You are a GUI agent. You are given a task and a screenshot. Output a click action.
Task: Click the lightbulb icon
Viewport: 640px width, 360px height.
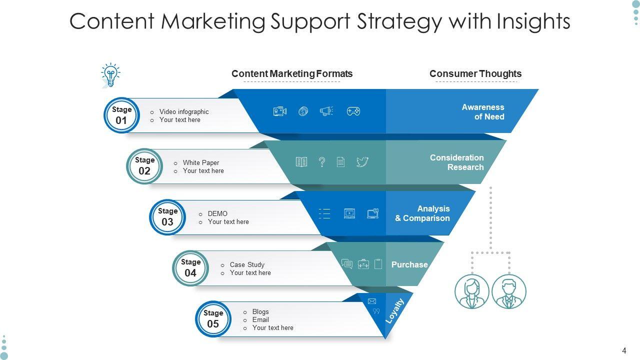(x=110, y=75)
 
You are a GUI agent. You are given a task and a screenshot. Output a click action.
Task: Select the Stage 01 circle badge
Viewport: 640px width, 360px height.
(x=121, y=115)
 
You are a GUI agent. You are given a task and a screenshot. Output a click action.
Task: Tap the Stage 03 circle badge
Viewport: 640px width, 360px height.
(x=167, y=217)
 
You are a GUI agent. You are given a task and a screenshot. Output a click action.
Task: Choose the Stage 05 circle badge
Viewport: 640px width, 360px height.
(x=213, y=319)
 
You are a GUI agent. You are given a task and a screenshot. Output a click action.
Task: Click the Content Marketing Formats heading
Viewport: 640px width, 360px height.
(x=292, y=74)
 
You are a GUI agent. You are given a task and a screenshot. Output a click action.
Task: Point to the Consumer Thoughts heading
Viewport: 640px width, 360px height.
(x=475, y=74)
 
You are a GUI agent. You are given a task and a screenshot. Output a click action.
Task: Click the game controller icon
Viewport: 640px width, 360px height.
(x=353, y=111)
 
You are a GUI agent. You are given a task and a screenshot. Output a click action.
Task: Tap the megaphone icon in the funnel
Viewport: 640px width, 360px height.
(x=326, y=111)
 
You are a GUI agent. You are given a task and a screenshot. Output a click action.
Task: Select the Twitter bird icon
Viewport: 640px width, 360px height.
(x=362, y=162)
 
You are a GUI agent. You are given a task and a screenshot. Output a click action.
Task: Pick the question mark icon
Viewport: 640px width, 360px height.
(x=322, y=162)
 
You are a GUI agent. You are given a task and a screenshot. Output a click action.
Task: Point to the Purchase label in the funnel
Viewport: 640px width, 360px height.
(x=409, y=264)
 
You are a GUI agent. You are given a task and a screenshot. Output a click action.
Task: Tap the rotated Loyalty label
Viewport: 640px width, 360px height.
(x=394, y=311)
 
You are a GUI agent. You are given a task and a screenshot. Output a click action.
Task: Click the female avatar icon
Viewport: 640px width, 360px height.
(x=471, y=291)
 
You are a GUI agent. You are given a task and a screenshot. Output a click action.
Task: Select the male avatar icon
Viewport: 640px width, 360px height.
(x=509, y=291)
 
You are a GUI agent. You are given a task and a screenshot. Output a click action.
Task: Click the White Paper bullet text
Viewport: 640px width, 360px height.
(x=200, y=162)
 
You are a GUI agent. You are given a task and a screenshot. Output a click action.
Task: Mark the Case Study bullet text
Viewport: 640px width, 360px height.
(x=247, y=264)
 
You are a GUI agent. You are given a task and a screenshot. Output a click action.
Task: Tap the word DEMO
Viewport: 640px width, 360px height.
(x=217, y=213)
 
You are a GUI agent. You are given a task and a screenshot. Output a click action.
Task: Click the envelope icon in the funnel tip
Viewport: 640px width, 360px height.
(x=372, y=301)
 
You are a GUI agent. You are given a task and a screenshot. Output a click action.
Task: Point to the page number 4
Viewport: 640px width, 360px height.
(x=624, y=350)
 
